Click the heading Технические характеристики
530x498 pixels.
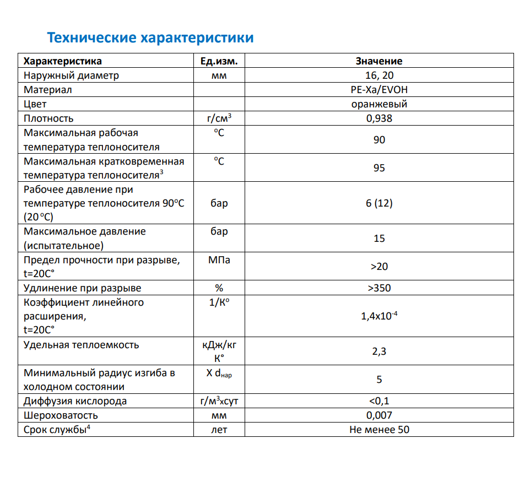pyautogui.click(x=150, y=37)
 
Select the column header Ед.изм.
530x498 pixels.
pyautogui.click(x=219, y=61)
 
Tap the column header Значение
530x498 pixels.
pyautogui.click(x=379, y=61)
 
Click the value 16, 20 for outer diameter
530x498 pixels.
pyautogui.click(x=379, y=75)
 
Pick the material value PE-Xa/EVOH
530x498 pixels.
pyautogui.click(x=379, y=90)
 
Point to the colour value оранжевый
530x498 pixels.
pyautogui.click(x=379, y=104)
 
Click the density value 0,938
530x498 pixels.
pyautogui.click(x=379, y=118)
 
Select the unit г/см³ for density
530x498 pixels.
pyautogui.click(x=219, y=118)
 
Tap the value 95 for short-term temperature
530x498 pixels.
pyautogui.click(x=379, y=168)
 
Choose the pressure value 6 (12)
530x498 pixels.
pyautogui.click(x=379, y=203)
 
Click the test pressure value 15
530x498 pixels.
pyautogui.click(x=379, y=239)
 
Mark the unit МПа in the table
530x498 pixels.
pyautogui.click(x=219, y=259)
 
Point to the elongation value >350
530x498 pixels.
pyautogui.click(x=379, y=288)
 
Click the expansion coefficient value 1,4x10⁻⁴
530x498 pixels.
pyautogui.click(x=379, y=316)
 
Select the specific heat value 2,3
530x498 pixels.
pyautogui.click(x=379, y=351)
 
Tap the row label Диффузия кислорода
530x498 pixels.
pyautogui.click(x=75, y=401)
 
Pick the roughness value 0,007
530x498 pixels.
pyautogui.click(x=379, y=415)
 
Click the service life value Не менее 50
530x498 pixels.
pyautogui.click(x=379, y=430)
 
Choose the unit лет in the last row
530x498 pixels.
pyautogui.click(x=219, y=430)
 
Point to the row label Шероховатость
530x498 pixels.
pyautogui.click(x=61, y=415)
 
